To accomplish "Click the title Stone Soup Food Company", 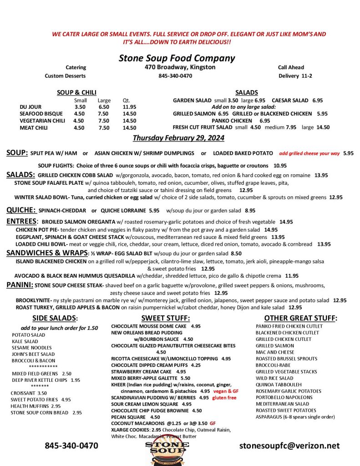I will pos(177,58).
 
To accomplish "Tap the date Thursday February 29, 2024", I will pos(178,138).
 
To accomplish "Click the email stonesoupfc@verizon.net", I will pos(289,446).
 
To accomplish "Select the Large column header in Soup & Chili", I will pos(104,100).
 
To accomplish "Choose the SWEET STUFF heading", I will pos(165,318).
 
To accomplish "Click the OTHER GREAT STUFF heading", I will pos(300,318).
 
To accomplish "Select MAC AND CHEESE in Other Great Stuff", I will pos(275,352).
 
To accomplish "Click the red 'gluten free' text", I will pos(225,397).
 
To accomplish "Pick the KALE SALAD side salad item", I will pos(25,341).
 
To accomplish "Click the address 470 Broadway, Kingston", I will pos(177,67).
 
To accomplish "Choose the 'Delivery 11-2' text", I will pos(295,76).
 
